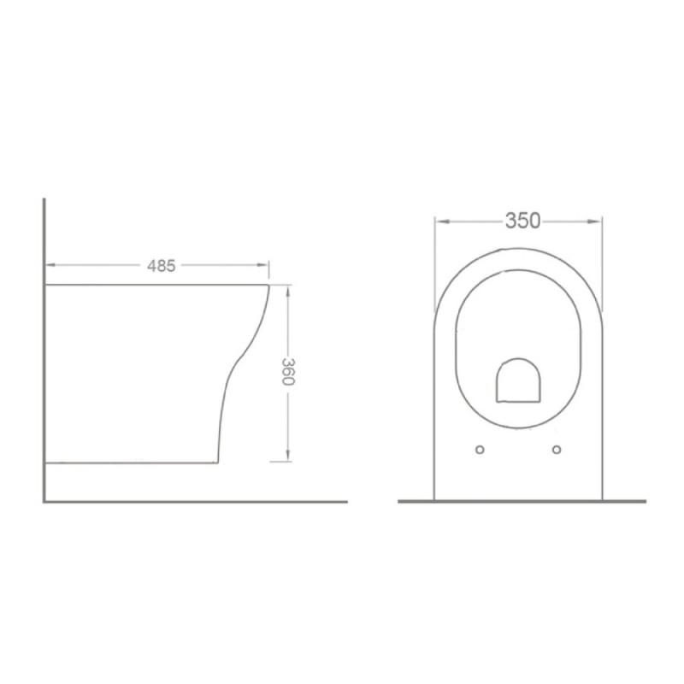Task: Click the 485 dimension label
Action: click(x=161, y=266)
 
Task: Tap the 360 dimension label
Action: click(x=288, y=372)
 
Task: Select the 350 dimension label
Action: click(x=522, y=221)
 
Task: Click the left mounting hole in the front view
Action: click(x=480, y=450)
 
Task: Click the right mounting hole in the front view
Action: click(x=557, y=450)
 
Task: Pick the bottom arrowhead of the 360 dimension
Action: click(x=288, y=455)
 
